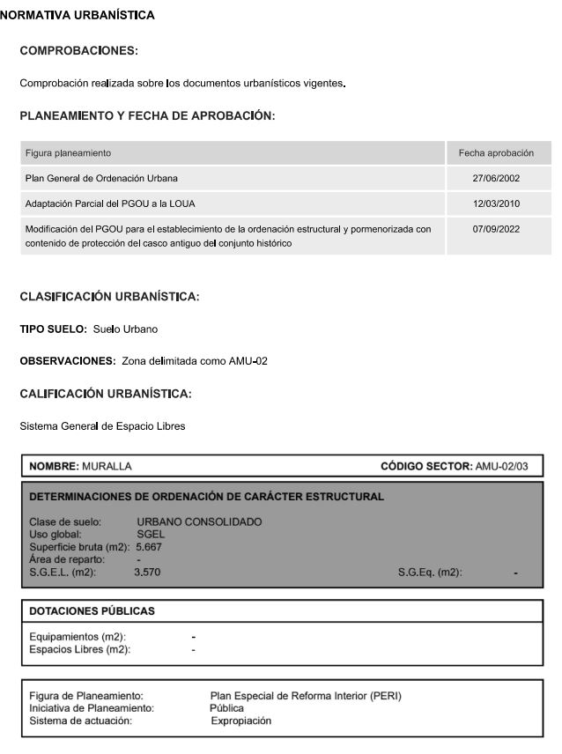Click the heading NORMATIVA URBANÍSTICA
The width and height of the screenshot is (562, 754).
click(78, 15)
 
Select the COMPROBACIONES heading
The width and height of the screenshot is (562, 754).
click(79, 50)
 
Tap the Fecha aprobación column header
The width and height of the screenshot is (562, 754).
click(497, 153)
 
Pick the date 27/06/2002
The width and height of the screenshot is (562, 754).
click(497, 179)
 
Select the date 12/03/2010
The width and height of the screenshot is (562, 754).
click(497, 203)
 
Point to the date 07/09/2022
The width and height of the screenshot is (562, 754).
click(497, 229)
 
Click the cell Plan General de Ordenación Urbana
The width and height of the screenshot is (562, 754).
click(101, 179)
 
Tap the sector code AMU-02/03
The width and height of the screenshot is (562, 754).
click(501, 466)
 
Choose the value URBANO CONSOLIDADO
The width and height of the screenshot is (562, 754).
click(199, 521)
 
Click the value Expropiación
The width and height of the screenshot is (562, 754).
click(241, 721)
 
